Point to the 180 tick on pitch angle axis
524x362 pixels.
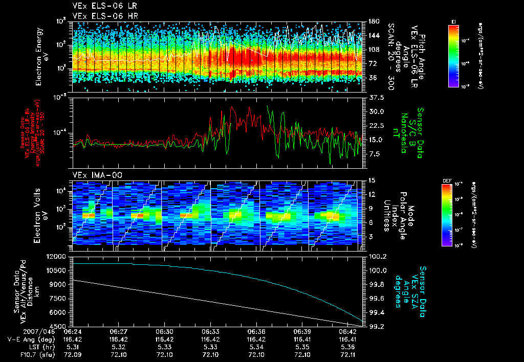374,21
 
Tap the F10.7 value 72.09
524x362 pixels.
72,354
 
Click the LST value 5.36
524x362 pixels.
348,346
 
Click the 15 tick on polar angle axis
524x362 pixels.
372,180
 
